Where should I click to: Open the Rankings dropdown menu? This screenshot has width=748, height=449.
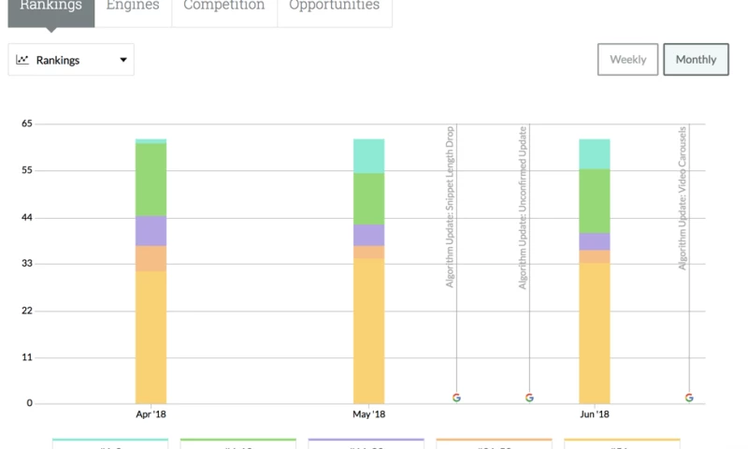point(71,60)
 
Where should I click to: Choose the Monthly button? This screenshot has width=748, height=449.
point(696,60)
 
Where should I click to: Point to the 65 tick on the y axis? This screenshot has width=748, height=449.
point(27,123)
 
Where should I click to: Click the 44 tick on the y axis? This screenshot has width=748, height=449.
point(27,218)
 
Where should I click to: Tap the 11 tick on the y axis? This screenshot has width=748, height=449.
point(27,357)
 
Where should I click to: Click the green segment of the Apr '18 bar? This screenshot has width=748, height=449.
point(151,180)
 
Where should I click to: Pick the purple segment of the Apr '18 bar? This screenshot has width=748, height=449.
point(151,231)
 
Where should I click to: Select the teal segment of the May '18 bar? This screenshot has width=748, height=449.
point(368,155)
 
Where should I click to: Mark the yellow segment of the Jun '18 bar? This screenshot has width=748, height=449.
point(595,333)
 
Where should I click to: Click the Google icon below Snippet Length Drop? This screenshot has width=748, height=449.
point(456,398)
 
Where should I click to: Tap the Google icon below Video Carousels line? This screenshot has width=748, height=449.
point(689,398)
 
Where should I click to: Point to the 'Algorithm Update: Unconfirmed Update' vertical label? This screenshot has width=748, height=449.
point(524,206)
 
